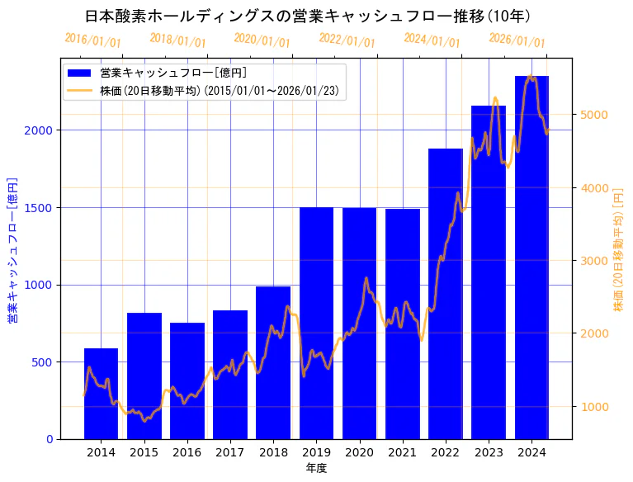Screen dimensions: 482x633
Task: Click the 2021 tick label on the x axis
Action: pos(403,452)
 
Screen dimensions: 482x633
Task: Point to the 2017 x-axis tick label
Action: pos(229,452)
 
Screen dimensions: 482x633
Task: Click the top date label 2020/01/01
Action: pos(262,40)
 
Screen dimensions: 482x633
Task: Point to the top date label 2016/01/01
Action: pos(92,40)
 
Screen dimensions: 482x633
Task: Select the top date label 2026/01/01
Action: pos(517,40)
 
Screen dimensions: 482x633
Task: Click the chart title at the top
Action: pos(308,16)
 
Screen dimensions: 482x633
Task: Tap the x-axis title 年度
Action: pos(316,468)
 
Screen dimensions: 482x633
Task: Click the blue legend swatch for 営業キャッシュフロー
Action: pos(79,73)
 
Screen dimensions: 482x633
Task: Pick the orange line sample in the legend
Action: pos(79,90)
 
